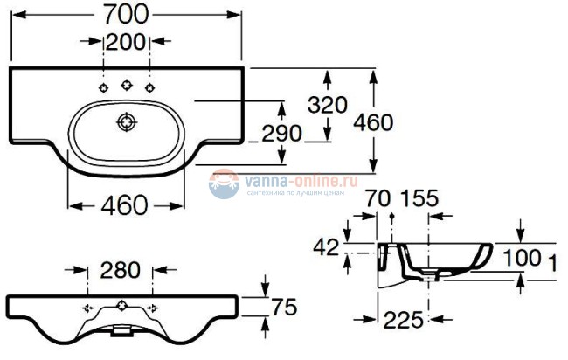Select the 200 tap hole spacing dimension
point(128,41)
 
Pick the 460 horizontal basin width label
point(123,206)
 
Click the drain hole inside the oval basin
point(126,121)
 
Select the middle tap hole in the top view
point(126,85)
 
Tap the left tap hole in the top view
point(104,87)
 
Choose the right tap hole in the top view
point(149,87)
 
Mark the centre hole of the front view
point(120,308)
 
